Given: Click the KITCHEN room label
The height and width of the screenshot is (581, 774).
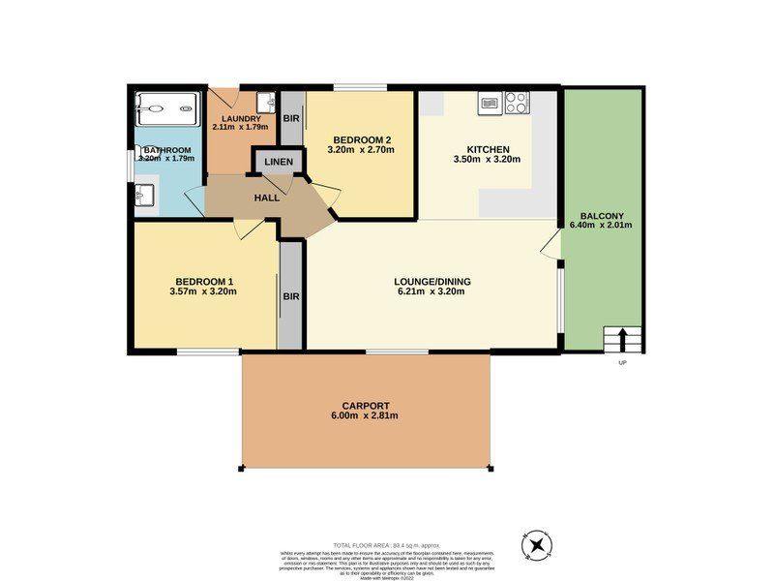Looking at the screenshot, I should [x=487, y=149].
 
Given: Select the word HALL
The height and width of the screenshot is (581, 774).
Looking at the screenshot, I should [x=267, y=198].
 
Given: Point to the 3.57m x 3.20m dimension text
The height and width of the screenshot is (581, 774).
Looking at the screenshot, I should [x=202, y=290].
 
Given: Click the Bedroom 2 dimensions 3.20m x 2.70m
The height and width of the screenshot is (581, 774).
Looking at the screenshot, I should [x=362, y=150].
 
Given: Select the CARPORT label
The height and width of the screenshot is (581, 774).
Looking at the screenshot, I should [x=366, y=406].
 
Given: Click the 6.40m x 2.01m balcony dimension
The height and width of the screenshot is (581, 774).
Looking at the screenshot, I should [x=602, y=225].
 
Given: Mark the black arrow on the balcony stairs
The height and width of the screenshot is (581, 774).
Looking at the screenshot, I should [x=622, y=341].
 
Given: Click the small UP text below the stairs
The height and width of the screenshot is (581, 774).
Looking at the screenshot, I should [x=622, y=363].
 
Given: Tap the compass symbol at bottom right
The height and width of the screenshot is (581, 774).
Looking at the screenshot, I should [x=536, y=546].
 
